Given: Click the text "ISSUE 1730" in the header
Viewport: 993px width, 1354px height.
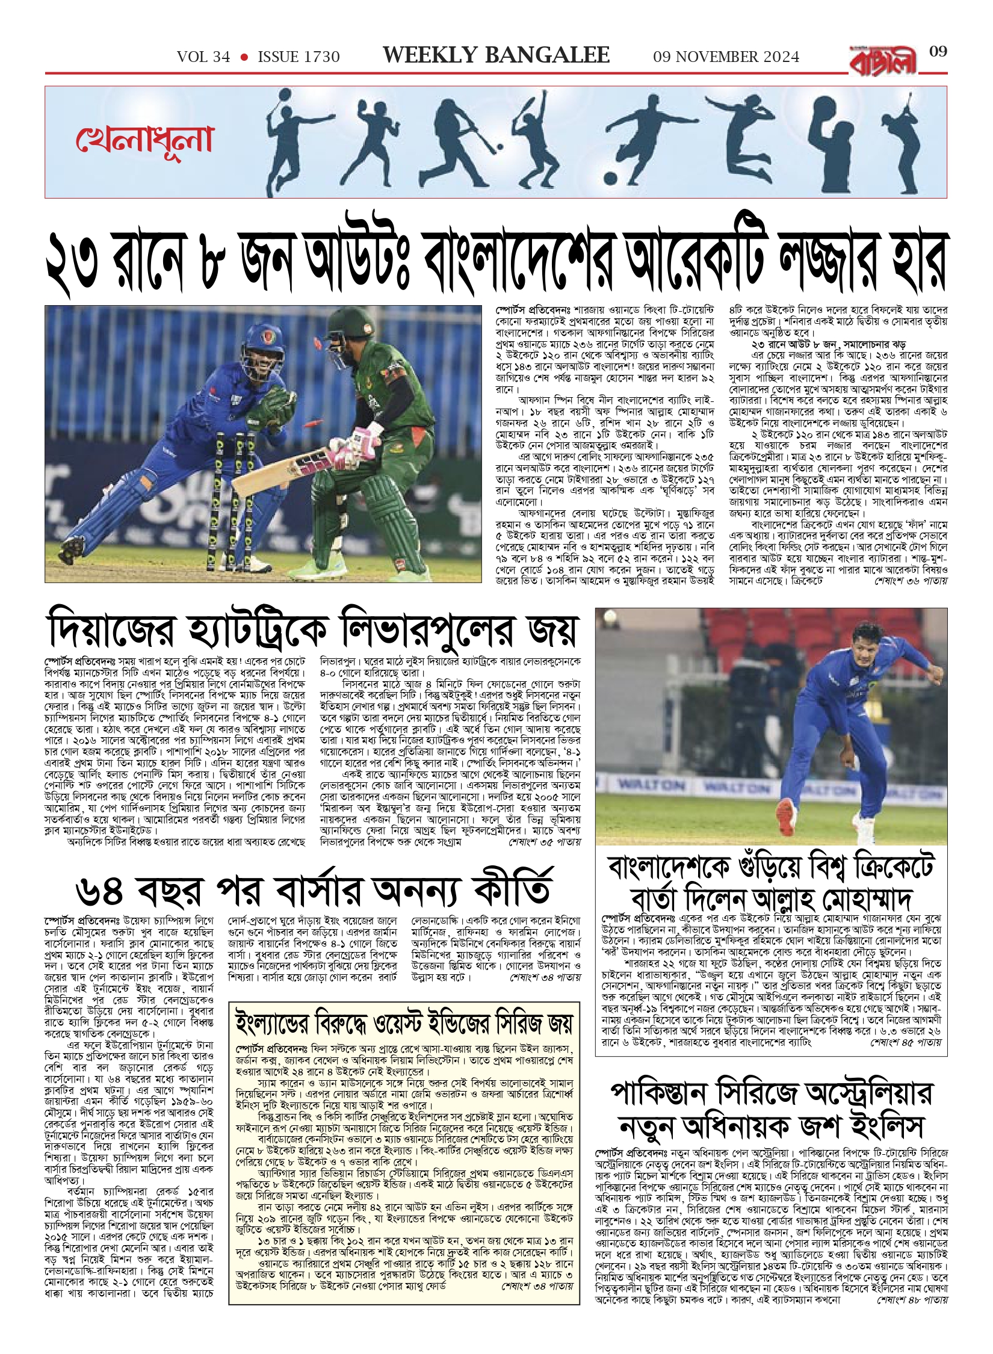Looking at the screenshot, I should click(x=299, y=57).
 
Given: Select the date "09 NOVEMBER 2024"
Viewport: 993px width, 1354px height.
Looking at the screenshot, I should click(x=726, y=57).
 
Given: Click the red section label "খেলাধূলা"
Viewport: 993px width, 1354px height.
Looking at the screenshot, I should click(x=144, y=140).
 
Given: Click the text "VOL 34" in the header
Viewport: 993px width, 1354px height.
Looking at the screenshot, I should click(x=203, y=57).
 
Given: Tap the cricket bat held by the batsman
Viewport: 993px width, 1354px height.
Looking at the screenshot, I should click(x=270, y=475).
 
